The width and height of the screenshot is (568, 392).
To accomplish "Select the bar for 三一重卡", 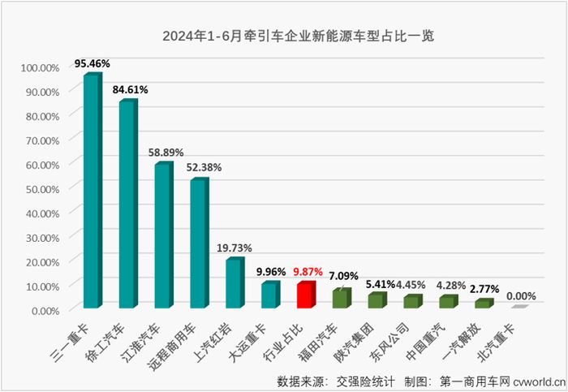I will pos(92,192).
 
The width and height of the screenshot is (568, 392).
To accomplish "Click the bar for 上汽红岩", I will pos(234,283).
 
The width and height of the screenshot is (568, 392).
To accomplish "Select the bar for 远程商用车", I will pos(199,243).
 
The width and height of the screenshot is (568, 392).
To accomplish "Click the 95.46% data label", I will pos(93,62).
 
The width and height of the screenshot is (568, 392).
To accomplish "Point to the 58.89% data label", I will pos(166,151).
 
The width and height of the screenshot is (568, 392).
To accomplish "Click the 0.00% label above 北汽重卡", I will pos(521,297).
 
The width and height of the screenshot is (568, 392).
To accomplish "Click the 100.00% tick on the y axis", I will pos(39,67).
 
